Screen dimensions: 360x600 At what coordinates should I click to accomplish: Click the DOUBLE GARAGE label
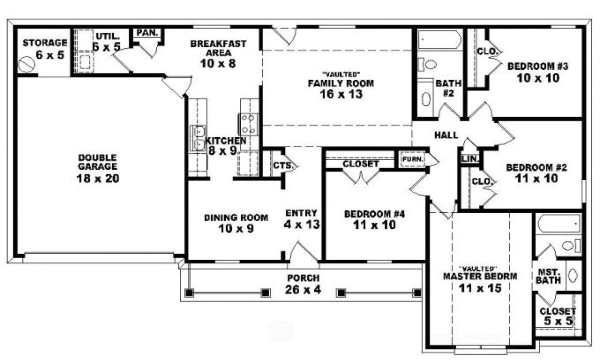(97, 162)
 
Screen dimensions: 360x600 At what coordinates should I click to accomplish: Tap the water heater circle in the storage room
(27, 64)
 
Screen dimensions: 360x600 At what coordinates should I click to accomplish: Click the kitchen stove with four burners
(249, 124)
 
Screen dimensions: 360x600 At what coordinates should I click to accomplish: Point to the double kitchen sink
(198, 138)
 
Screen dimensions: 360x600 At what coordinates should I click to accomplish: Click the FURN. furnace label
(412, 159)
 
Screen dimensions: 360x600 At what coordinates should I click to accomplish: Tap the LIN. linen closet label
(470, 159)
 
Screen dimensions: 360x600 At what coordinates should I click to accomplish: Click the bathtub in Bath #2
(439, 40)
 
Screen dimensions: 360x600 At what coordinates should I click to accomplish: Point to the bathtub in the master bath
(559, 224)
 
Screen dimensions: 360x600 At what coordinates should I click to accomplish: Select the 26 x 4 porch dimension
(303, 290)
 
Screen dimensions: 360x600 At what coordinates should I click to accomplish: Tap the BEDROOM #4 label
(374, 214)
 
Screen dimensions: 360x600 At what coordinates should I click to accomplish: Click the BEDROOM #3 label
(538, 66)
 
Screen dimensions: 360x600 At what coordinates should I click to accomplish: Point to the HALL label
(446, 135)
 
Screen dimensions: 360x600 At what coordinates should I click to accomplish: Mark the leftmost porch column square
(189, 293)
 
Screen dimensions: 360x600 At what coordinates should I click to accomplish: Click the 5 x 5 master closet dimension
(557, 322)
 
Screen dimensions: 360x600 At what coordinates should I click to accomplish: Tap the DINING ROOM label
(236, 217)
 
